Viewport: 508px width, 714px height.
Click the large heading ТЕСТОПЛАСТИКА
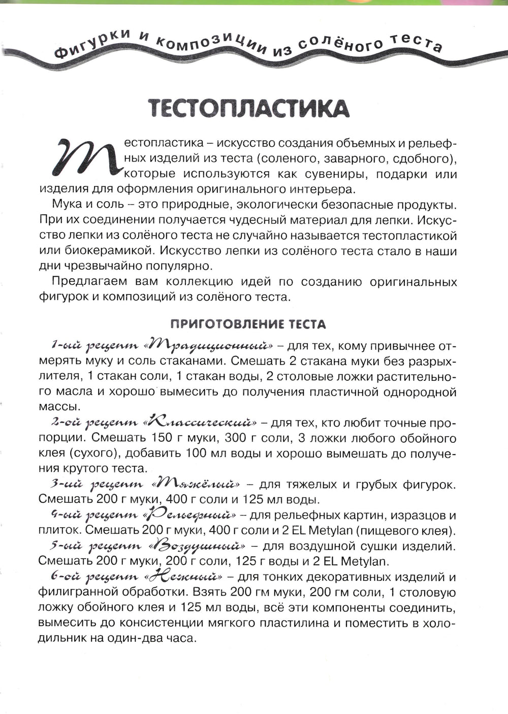coord(248,109)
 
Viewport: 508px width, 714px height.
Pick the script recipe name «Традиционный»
coord(209,346)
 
